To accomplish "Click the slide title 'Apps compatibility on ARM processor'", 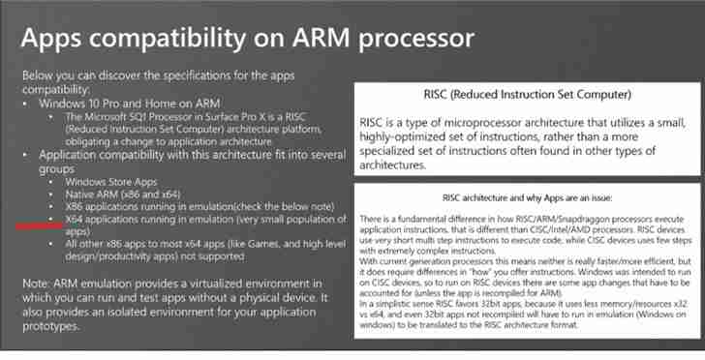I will coord(247,38).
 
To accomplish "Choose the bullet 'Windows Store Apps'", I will coord(111,181).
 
